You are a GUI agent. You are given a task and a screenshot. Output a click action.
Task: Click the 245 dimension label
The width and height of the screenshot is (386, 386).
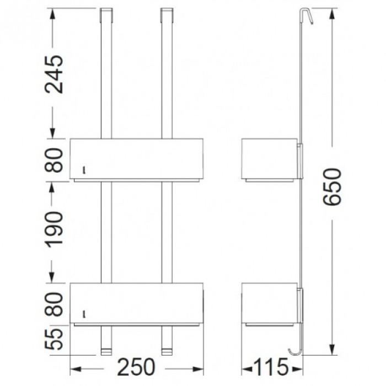pyautogui.click(x=54, y=74)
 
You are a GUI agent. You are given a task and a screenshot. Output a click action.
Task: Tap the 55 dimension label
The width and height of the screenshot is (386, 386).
pyautogui.click(x=54, y=339)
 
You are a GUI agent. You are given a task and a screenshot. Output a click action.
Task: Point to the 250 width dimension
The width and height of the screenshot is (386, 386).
pyautogui.click(x=136, y=367)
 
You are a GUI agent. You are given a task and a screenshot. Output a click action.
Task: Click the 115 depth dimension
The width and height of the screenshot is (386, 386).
pyautogui.click(x=271, y=367)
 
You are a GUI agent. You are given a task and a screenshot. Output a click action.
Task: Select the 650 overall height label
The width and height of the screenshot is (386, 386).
pyautogui.click(x=332, y=186)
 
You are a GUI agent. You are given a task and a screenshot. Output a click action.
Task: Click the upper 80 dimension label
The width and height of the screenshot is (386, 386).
pyautogui.click(x=54, y=160)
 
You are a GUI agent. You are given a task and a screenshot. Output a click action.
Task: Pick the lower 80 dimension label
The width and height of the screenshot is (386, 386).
pyautogui.click(x=54, y=304)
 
